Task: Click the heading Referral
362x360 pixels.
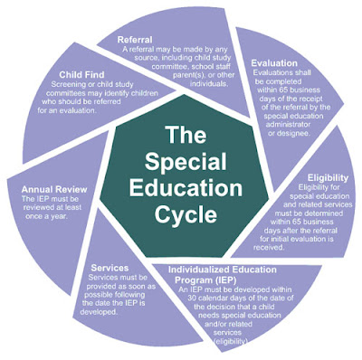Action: (x=135, y=40)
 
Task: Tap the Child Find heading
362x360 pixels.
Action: (x=81, y=74)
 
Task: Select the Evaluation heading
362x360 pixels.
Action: (x=274, y=63)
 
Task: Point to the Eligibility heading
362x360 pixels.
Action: (x=328, y=177)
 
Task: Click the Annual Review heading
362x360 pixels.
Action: (x=54, y=189)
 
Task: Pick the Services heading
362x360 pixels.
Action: (x=110, y=268)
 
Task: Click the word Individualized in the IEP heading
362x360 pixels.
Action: (x=198, y=270)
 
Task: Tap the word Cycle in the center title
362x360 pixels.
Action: (x=186, y=213)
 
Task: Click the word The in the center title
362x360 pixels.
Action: (x=186, y=135)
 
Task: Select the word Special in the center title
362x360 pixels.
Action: (x=186, y=161)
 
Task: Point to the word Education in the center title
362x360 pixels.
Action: (x=186, y=187)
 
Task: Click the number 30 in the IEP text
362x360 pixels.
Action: (x=191, y=298)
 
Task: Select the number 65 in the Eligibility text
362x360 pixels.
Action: (x=297, y=222)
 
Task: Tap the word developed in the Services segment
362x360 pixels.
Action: (x=99, y=312)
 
